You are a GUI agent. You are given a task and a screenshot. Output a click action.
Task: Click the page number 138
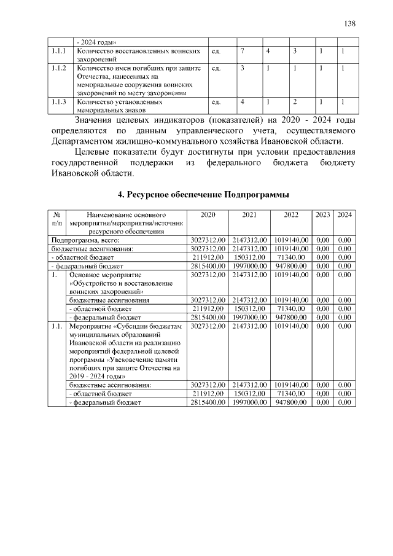pyautogui.click(x=350, y=23)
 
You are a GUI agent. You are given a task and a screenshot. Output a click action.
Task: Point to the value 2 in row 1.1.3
pyautogui.click(x=295, y=101)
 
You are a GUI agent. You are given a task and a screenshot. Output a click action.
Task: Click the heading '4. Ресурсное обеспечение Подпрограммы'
pyautogui.click(x=203, y=194)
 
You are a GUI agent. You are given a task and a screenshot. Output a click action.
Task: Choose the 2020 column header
pyautogui.click(x=208, y=215)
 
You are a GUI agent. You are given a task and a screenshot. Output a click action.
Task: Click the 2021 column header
pyautogui.click(x=249, y=215)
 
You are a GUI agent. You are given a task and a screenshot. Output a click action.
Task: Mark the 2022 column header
pyautogui.click(x=291, y=215)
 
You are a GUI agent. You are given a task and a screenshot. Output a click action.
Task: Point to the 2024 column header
pyautogui.click(x=344, y=215)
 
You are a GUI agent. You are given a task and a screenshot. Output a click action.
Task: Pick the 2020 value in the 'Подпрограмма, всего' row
pyautogui.click(x=208, y=240)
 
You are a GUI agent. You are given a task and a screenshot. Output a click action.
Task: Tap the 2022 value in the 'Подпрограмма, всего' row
pyautogui.click(x=291, y=240)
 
